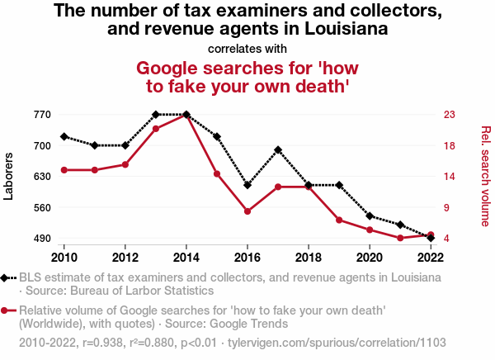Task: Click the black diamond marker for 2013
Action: click(156, 115)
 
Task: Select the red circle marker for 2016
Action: click(247, 211)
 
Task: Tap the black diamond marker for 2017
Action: click(278, 150)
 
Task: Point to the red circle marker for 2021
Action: click(400, 238)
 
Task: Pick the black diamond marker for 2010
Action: click(64, 136)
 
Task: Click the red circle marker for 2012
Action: click(125, 164)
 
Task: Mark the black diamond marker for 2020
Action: click(370, 216)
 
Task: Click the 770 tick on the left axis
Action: click(42, 115)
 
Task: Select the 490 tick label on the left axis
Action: click(42, 239)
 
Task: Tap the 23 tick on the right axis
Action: click(450, 115)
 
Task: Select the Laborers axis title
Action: click(10, 176)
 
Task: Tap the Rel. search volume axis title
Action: click(485, 176)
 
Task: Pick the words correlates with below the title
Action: click(247, 48)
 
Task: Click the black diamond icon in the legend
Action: click(7, 278)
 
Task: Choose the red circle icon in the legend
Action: click(7, 311)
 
